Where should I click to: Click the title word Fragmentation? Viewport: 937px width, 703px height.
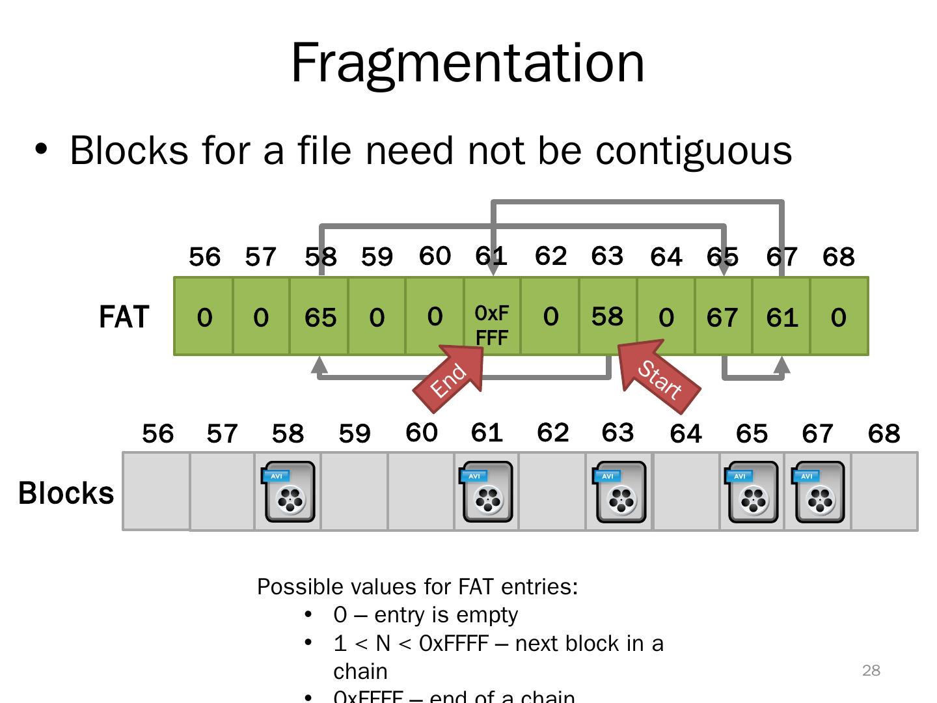467,62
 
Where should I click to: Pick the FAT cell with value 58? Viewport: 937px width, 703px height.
607,316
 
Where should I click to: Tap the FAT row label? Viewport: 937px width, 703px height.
124,317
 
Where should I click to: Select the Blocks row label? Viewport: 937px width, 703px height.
66,493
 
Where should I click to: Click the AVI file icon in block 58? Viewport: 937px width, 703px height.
290,492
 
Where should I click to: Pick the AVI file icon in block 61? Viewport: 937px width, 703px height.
487,492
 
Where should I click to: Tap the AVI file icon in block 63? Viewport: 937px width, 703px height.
620,492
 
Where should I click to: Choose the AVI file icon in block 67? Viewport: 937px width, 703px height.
819,492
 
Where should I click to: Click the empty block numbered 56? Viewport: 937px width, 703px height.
156,491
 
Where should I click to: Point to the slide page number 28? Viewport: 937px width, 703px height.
871,670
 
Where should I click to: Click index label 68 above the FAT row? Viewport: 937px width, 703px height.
838,257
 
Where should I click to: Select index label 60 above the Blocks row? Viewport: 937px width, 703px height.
421,433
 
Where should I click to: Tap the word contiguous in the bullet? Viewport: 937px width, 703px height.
694,150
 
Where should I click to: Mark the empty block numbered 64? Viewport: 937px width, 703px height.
686,491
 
